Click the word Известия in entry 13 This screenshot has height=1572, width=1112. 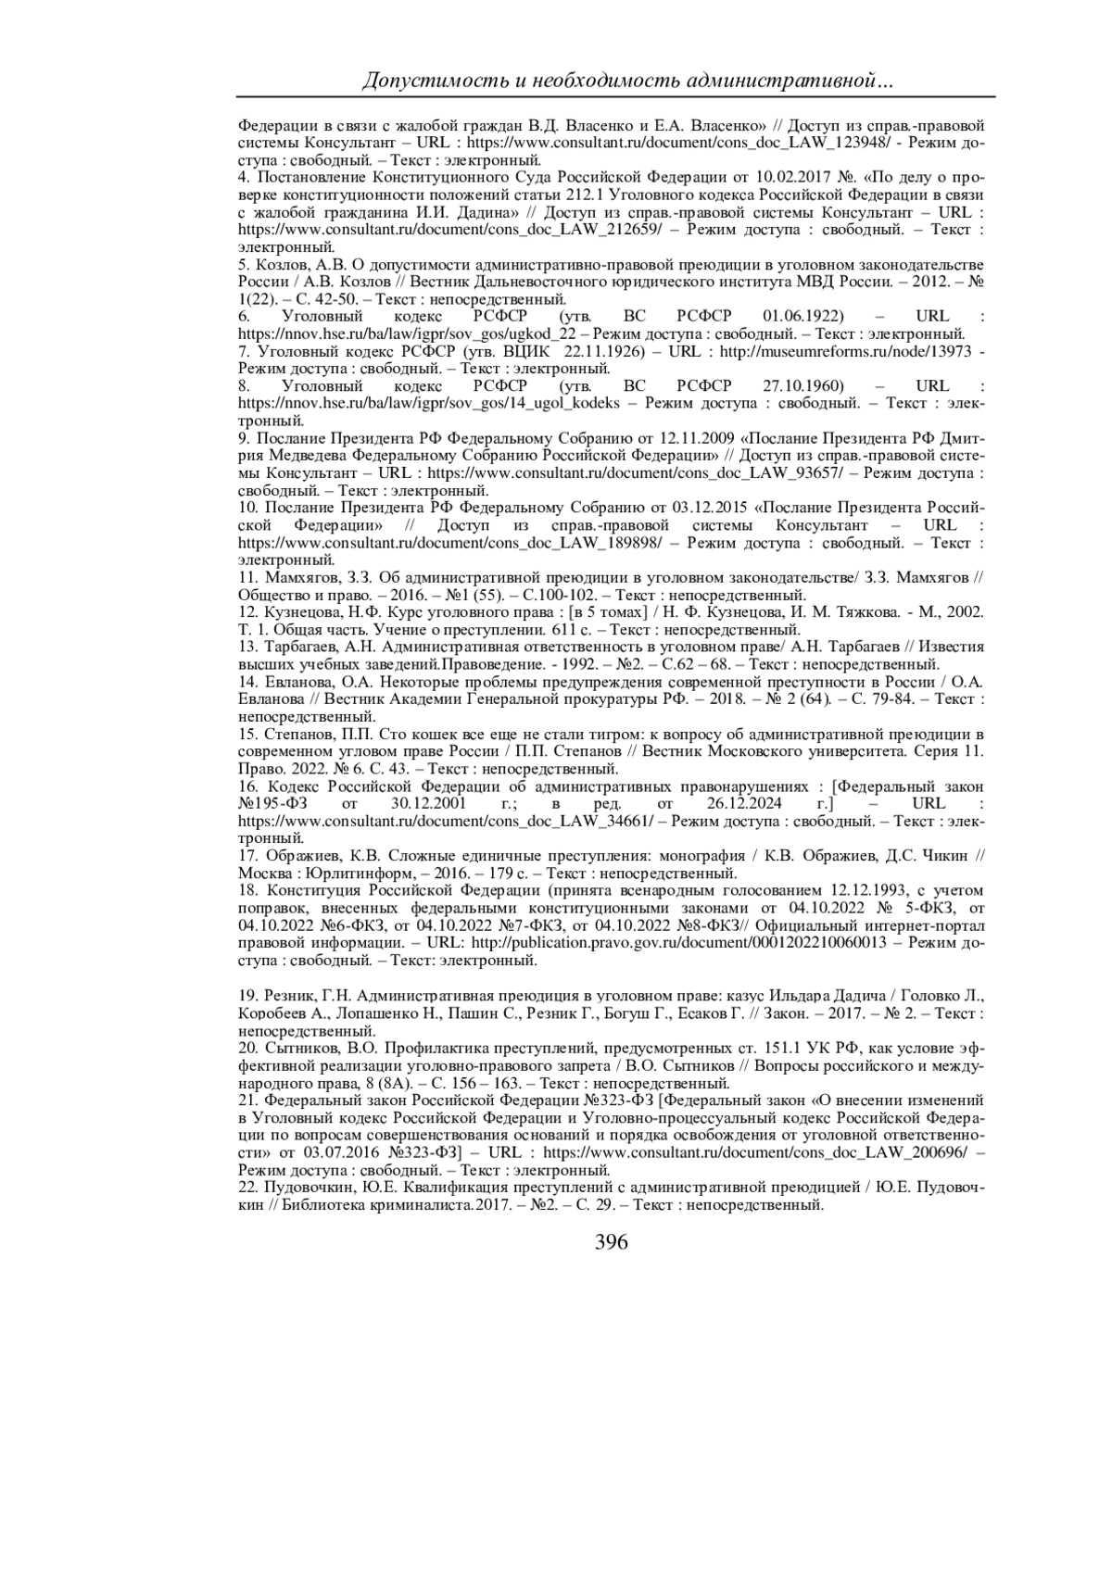coord(954,647)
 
